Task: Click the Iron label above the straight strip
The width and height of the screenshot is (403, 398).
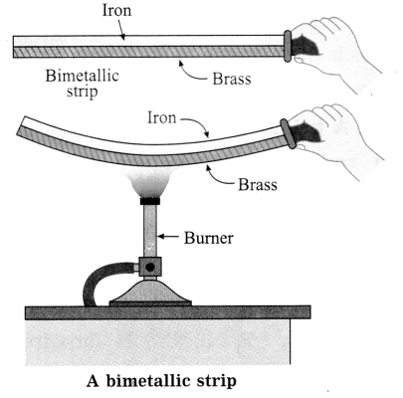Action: coord(116,10)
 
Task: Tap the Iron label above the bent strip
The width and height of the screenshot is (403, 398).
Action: coord(162,117)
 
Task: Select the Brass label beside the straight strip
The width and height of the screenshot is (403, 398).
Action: coord(232,79)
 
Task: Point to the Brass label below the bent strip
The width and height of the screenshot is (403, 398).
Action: coord(258,184)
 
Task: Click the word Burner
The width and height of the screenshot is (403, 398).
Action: coord(209,238)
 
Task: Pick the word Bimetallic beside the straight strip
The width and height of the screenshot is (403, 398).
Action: coord(82,76)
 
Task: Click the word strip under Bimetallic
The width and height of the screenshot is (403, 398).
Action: coord(83,92)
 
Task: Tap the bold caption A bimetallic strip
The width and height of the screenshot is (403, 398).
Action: coord(161,381)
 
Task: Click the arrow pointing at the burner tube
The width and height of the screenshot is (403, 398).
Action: coord(168,237)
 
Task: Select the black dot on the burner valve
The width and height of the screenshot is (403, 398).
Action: coord(150,267)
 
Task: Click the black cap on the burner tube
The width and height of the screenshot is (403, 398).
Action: coord(150,201)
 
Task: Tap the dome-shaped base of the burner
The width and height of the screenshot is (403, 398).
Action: coord(150,293)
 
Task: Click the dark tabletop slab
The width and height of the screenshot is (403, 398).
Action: coord(168,312)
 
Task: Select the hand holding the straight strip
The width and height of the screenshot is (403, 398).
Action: coord(335,52)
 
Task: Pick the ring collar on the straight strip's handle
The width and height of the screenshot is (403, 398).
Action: coord(288,46)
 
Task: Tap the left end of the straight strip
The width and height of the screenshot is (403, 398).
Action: coord(14,47)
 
